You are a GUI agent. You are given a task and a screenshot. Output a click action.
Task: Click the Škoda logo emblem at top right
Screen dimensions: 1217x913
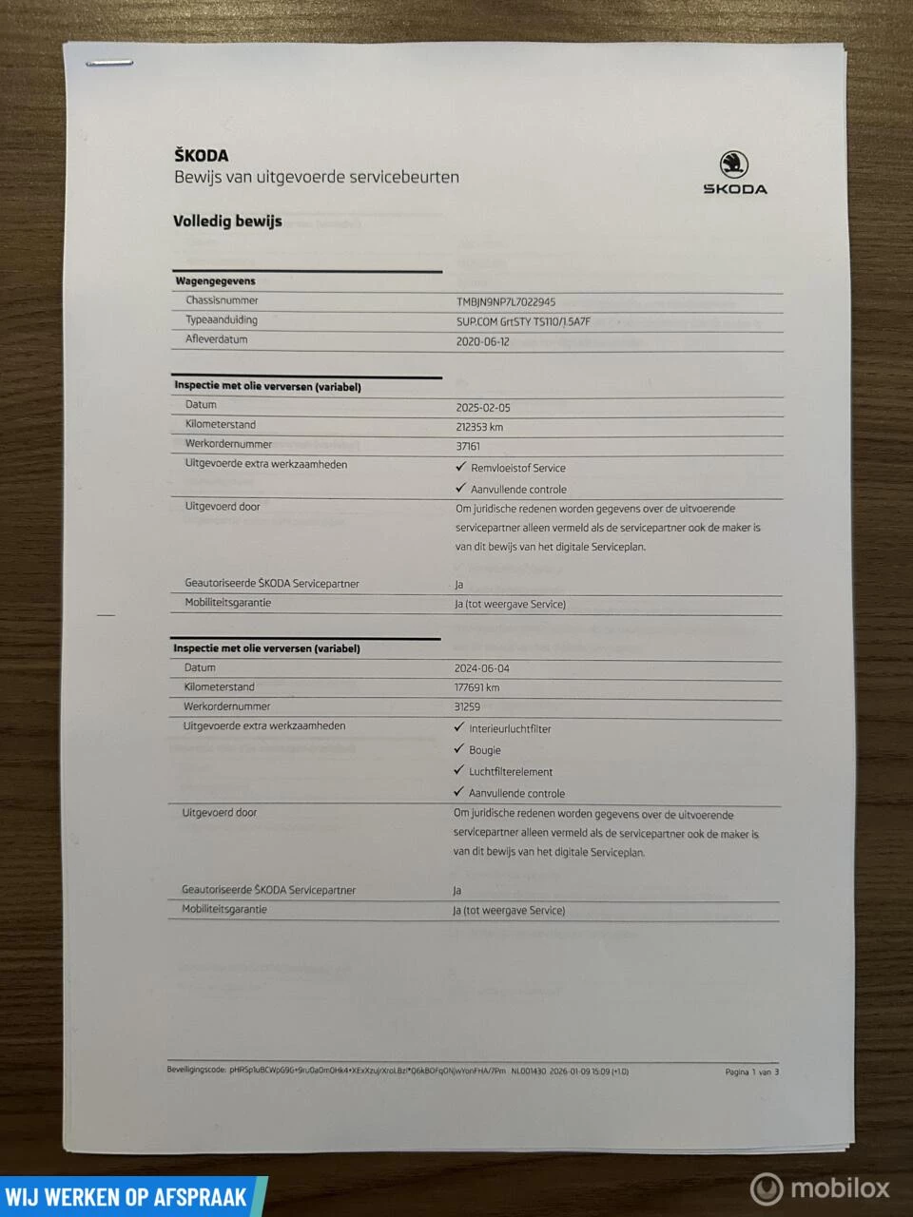coord(733,164)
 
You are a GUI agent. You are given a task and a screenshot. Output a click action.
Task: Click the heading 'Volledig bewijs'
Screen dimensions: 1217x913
coord(227,222)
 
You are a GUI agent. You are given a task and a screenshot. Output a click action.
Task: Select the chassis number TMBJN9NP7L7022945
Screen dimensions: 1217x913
coord(506,302)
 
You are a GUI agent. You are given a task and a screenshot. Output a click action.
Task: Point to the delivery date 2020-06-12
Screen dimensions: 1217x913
coord(482,341)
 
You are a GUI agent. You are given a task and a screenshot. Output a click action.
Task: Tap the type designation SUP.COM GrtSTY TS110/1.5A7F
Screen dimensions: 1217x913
coord(523,321)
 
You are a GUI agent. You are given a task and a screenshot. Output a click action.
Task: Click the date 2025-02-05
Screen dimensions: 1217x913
coord(483,408)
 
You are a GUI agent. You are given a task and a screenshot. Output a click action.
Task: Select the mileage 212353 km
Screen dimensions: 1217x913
coord(479,427)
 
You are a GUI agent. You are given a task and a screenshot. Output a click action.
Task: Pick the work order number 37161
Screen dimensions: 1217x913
coord(468,446)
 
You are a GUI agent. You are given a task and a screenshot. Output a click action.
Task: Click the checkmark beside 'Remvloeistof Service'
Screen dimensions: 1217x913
coord(461,467)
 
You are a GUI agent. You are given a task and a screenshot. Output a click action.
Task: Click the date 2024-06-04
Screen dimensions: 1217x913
coord(481,668)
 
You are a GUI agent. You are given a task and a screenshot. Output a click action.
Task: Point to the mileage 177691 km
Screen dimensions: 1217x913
coord(476,687)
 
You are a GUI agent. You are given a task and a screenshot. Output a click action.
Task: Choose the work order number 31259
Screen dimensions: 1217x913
coord(467,707)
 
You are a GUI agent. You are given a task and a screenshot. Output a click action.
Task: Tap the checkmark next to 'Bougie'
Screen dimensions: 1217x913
coord(459,749)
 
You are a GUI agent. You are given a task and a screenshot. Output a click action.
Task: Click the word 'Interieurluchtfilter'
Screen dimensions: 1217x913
coord(510,729)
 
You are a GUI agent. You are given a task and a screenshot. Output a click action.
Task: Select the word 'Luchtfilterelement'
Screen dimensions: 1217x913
coord(511,772)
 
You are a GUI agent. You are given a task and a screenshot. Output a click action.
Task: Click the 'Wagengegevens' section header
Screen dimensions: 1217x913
coord(216,281)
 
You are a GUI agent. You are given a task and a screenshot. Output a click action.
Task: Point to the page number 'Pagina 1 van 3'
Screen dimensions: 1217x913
coord(751,1072)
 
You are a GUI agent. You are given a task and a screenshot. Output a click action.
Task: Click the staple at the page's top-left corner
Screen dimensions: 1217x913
coord(109,64)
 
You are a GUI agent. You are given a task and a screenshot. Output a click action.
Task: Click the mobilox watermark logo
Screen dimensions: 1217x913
coord(820,1188)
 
